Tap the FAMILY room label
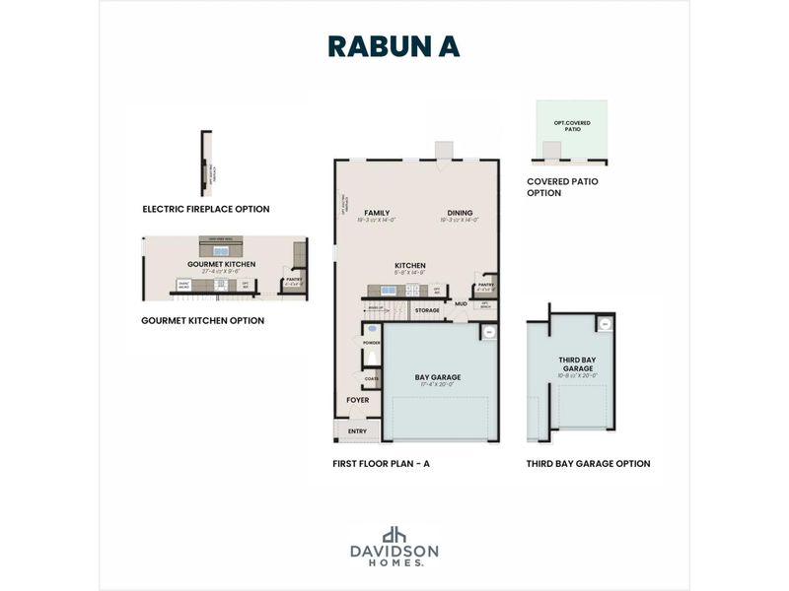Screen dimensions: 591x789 376,213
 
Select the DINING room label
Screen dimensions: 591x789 460,213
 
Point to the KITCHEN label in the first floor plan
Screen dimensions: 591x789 409,266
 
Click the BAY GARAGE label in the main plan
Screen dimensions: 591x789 438,377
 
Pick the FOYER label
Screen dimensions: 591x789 357,401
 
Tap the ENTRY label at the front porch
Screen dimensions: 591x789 356,431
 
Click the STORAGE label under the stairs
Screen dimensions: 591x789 427,310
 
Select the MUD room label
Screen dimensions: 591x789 461,304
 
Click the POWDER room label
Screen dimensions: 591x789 372,343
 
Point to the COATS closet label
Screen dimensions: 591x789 372,378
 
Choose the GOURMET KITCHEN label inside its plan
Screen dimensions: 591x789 222,264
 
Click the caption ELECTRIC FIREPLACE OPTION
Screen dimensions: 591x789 205,209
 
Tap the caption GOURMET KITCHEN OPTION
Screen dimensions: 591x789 202,320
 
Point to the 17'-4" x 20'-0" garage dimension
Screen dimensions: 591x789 438,385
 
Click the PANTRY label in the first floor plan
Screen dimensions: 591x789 484,284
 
